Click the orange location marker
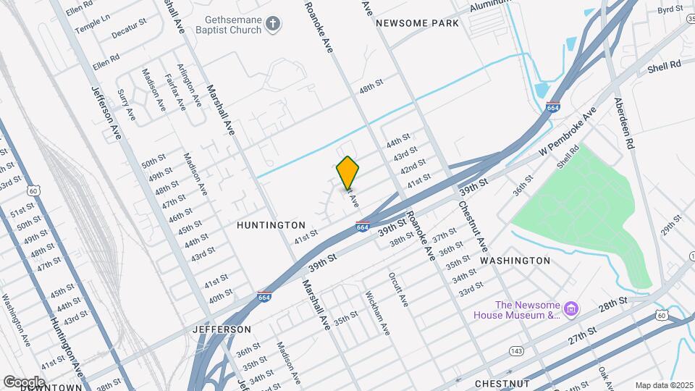pos(348,172)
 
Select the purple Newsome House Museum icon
pos(571,310)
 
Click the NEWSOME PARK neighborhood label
pos(417,23)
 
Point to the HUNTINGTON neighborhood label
pos(271,225)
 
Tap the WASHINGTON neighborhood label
pos(515,260)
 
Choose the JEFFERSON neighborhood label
pos(222,329)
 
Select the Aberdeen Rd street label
pos(623,123)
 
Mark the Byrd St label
pos(670,9)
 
